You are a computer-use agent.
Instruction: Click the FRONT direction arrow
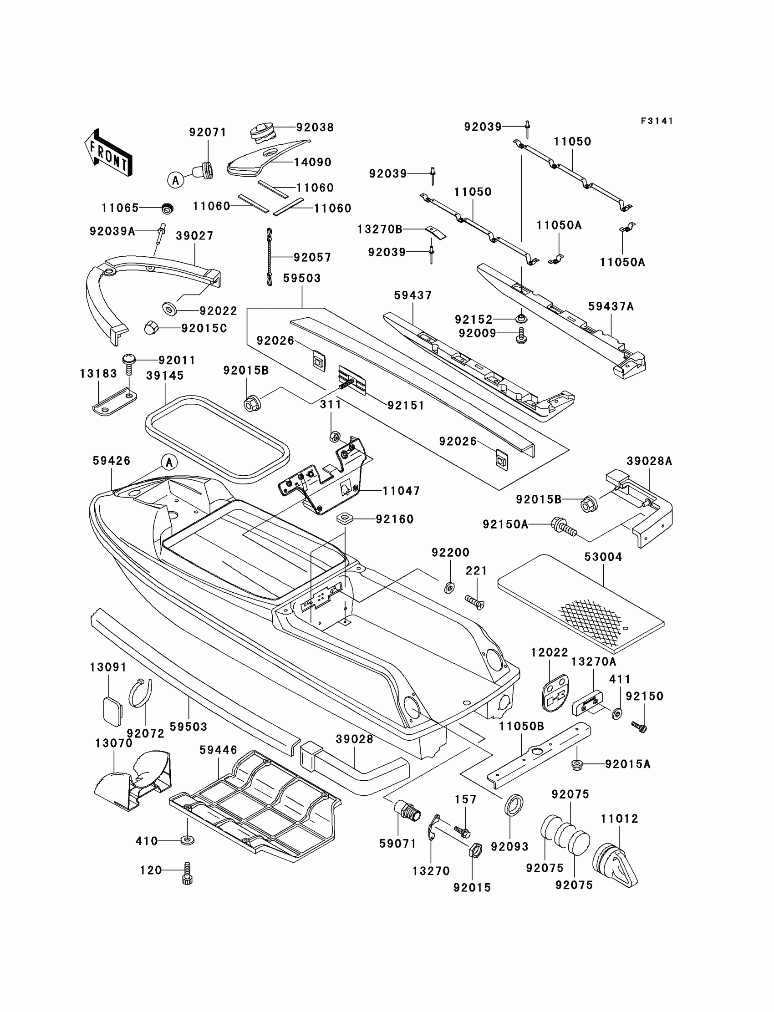pos(109,153)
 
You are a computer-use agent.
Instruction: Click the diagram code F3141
pos(657,121)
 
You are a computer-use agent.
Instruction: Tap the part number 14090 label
pos(313,162)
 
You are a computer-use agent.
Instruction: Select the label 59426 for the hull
pos(112,461)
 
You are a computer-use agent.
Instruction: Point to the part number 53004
pos(603,557)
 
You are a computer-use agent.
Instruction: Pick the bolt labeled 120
pos(187,873)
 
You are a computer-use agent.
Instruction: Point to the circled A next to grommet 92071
pos(175,180)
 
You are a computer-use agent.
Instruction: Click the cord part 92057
pos(270,257)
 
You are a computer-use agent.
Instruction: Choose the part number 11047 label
pos(401,491)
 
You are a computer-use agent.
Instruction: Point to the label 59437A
pos(611,306)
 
